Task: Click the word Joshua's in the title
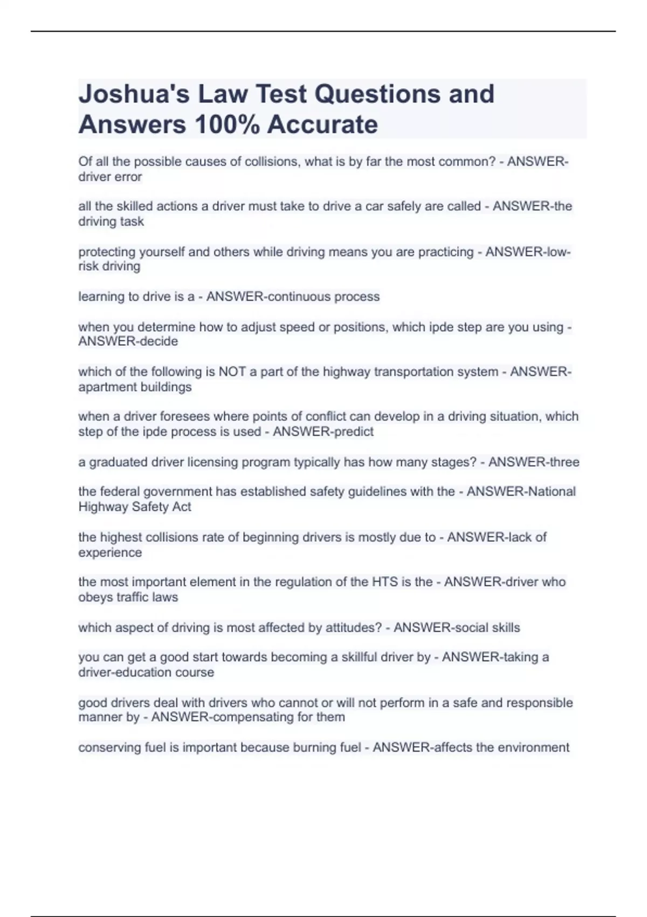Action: [133, 94]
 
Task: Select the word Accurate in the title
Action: [322, 125]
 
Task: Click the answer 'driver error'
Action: [110, 177]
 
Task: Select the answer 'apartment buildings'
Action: [135, 387]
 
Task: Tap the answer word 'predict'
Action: [351, 432]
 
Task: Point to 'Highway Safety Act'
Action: [135, 507]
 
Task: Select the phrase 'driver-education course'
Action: [146, 673]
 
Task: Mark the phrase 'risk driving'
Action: [109, 266]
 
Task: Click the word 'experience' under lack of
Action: [110, 553]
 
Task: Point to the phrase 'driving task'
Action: [111, 222]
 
